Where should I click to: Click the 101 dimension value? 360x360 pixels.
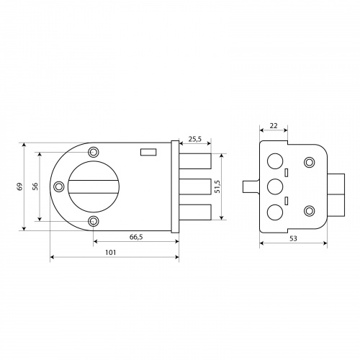point(111,253)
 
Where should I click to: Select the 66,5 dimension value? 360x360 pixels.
point(136,237)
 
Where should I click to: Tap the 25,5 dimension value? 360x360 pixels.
point(195,139)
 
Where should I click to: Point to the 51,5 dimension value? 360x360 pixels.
point(217,186)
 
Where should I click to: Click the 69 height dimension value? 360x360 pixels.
point(20,186)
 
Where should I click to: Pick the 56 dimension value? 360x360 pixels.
point(35,186)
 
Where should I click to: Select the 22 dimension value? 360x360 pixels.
point(274,125)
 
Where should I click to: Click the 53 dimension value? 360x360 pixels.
point(293,238)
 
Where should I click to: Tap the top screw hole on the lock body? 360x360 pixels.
point(94,152)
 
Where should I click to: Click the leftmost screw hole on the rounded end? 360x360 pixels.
point(58,186)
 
